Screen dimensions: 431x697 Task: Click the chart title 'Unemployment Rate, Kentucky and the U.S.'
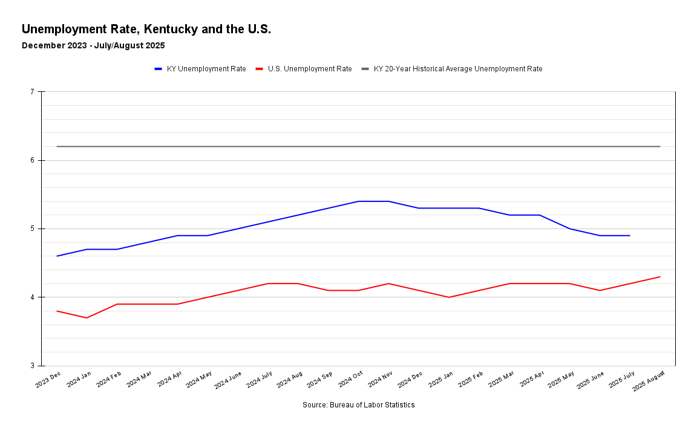146,29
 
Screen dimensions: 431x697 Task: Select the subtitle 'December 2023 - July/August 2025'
93,45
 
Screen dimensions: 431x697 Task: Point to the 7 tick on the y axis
32,92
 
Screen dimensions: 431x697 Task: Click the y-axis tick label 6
32,160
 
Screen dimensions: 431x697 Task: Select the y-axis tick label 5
32,228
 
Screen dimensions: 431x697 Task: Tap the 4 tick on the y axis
32,297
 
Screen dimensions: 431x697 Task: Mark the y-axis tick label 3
32,366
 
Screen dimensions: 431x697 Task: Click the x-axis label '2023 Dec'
48,379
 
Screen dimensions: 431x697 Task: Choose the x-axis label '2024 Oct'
351,379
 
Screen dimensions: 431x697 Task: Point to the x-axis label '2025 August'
649,381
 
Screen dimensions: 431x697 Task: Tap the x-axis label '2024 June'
229,380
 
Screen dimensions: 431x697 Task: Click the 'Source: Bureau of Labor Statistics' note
358,405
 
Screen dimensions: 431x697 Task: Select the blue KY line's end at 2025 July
630,236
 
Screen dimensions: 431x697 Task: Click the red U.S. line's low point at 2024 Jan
87,318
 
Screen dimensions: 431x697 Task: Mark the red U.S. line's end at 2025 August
659,277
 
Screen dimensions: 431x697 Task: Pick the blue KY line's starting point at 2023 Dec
57,256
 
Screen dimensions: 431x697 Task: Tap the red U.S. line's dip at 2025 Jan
449,297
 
